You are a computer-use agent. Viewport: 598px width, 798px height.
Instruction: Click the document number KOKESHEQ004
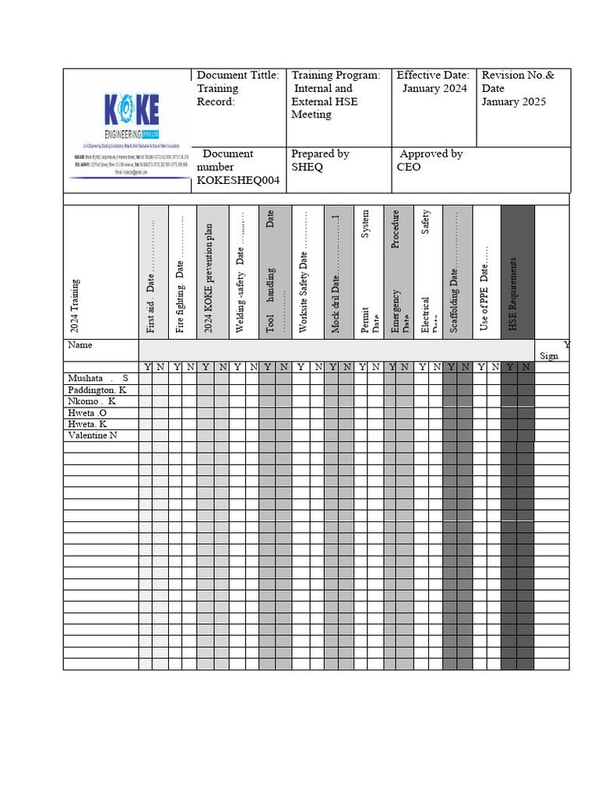[238, 181]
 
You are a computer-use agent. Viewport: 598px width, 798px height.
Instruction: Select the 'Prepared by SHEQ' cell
[320, 161]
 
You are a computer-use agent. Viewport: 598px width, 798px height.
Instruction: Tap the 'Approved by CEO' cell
[430, 161]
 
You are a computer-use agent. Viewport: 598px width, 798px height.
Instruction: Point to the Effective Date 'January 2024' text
[434, 89]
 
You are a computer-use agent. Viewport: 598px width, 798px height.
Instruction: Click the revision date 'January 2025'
[513, 102]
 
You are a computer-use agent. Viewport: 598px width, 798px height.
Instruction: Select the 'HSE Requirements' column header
[514, 293]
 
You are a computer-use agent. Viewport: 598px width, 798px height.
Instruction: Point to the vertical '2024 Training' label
[76, 305]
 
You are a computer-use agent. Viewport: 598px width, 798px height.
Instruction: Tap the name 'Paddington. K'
[97, 390]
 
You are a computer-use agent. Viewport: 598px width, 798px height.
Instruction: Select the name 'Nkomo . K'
[92, 401]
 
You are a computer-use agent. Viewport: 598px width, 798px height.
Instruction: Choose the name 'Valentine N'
[93, 436]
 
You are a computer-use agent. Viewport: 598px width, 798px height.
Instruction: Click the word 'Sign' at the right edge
[548, 355]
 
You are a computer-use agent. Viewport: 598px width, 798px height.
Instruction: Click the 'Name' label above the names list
[80, 344]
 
